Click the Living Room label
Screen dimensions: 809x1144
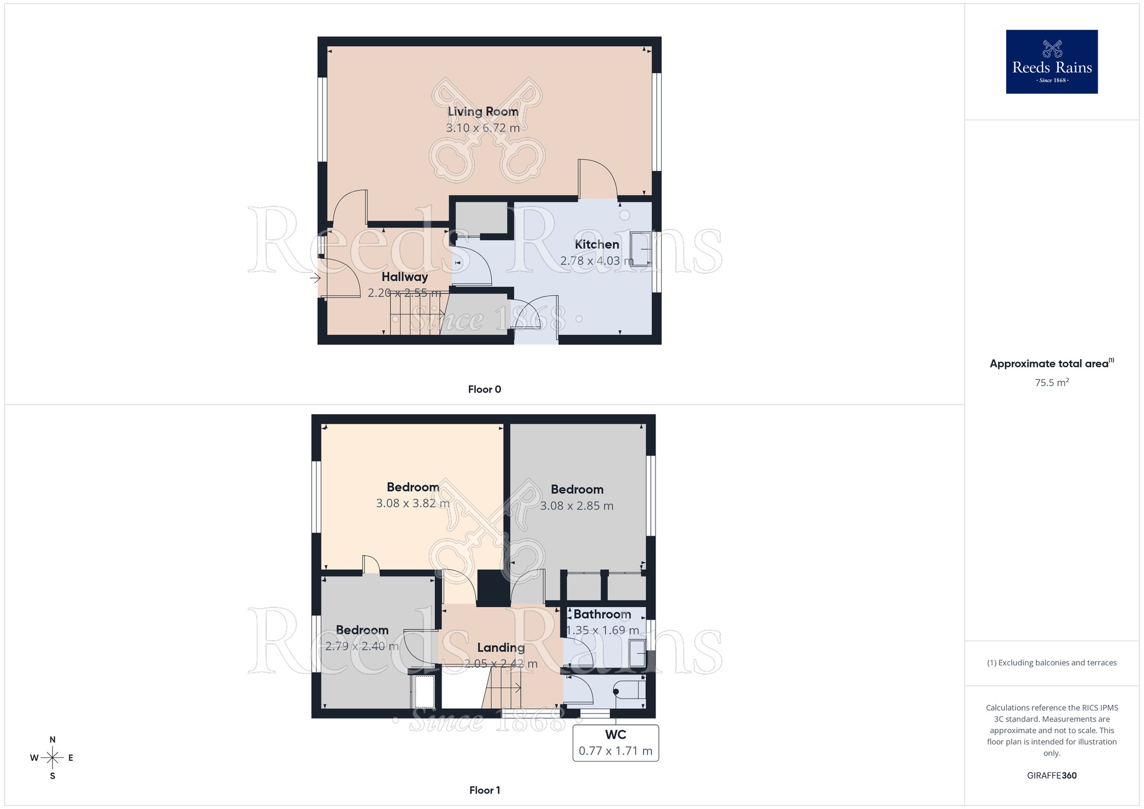coord(483,112)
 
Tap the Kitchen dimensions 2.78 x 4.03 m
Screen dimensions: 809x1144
coord(597,261)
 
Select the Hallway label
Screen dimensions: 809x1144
coord(404,277)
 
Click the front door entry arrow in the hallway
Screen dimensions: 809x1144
coord(315,279)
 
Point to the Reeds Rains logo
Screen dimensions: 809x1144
coord(1051,62)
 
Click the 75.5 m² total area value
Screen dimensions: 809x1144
coord(1051,383)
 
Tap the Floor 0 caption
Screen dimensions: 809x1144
coord(484,390)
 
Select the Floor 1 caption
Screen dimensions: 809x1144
coord(484,790)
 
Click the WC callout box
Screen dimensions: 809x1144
coord(615,743)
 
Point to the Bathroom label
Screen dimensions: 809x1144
coord(602,614)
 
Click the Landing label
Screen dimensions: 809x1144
coord(501,648)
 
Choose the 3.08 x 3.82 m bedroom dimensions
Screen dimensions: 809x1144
coord(412,503)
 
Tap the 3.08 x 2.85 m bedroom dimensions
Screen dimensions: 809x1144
coord(577,506)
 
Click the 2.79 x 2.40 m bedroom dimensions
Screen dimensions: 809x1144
coord(362,647)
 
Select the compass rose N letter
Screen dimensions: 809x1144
coord(53,740)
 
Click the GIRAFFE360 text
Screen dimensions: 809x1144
coord(1051,776)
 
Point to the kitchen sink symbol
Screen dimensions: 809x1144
coord(641,249)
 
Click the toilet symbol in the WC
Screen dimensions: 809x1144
coord(629,691)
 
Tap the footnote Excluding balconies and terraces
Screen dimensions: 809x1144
coord(1051,663)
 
